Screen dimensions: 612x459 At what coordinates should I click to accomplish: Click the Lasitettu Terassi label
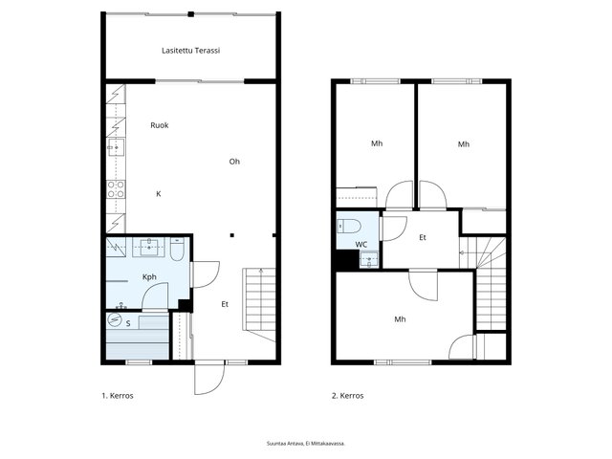pos(191,51)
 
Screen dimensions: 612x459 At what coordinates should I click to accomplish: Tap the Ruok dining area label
pos(160,125)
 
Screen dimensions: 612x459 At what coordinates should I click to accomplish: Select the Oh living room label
pos(234,162)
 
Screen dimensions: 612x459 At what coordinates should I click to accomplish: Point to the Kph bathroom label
pos(149,277)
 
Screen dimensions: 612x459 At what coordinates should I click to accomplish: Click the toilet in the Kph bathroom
pos(177,250)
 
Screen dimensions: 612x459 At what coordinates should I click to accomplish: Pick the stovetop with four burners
pos(116,189)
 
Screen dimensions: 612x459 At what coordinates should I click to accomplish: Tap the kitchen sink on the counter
pos(116,147)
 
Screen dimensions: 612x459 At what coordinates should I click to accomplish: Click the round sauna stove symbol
pos(115,320)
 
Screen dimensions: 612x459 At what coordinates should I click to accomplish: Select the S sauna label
pos(128,323)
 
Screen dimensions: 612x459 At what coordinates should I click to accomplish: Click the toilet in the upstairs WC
pos(349,226)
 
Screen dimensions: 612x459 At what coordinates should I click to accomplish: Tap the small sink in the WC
pos(369,260)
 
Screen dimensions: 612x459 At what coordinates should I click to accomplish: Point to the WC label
pos(361,245)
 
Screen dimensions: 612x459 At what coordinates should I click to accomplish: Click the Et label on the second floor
pos(423,237)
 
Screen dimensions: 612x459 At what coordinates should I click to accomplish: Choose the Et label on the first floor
pos(225,304)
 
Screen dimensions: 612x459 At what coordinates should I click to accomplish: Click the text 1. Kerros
pos(118,396)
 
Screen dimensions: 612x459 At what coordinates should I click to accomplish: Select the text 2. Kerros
pos(348,396)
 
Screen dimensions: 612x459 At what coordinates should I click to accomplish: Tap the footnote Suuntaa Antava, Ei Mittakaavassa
pos(306,444)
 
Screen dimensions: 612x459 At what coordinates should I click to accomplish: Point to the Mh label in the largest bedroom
pos(400,319)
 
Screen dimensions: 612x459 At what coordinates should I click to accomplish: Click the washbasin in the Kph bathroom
pos(149,247)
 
